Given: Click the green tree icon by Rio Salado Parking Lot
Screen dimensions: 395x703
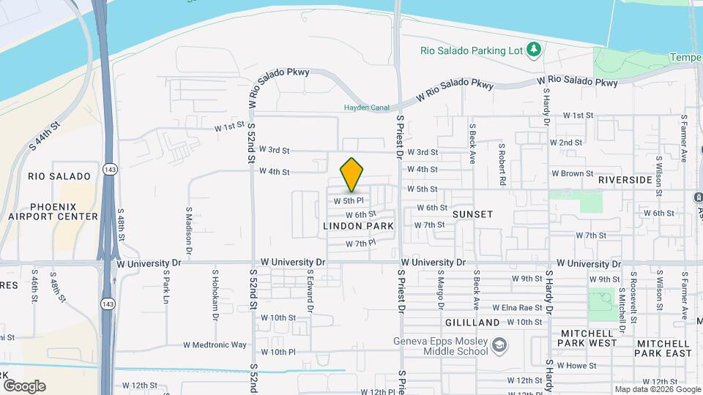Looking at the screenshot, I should (536, 49).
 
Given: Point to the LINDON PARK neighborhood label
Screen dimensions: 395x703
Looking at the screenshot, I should (359, 227).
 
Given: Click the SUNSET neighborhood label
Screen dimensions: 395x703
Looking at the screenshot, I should (472, 214).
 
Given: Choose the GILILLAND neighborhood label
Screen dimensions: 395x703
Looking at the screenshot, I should (472, 322).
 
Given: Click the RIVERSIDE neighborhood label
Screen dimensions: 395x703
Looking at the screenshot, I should (625, 180).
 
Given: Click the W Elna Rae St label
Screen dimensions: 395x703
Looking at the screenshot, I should (517, 308).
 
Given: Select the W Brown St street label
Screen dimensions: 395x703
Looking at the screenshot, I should (572, 173).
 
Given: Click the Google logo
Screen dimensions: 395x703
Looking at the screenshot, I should (24, 385).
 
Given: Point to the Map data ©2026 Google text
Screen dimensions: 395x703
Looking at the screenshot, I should (656, 389).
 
